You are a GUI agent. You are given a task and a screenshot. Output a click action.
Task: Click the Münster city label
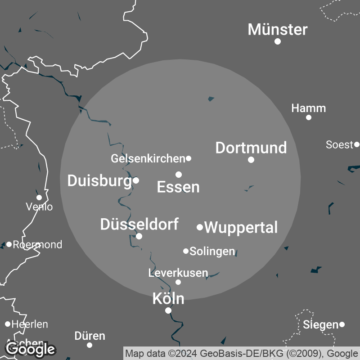pos(278,30)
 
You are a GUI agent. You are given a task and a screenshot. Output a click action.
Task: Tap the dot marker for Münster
pos(278,41)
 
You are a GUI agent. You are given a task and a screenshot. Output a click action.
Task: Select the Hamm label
pos(308,108)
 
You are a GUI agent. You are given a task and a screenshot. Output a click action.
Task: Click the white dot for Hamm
pos(309,117)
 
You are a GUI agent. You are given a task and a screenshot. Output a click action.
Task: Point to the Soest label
pos(339,145)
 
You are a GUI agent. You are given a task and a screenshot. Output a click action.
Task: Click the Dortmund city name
pos(251,148)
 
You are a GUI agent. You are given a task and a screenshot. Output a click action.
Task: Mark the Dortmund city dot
pos(251,160)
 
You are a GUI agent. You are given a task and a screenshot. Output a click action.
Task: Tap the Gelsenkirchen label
pos(148,158)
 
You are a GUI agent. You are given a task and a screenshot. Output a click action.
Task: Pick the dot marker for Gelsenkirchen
pos(189,158)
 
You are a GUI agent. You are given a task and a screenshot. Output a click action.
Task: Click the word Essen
pos(178,187)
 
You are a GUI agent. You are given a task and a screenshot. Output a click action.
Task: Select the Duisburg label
pos(99,181)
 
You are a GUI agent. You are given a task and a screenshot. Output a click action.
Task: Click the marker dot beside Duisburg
pos(136,180)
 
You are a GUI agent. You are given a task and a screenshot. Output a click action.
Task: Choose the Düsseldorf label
pos(139,224)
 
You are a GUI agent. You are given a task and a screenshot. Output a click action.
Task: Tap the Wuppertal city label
pos(241,227)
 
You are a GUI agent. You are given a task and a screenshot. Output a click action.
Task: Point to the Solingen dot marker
pos(186,251)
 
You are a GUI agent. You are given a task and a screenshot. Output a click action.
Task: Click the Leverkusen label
pos(178,273)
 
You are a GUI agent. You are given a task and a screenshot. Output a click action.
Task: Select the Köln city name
pos(168,298)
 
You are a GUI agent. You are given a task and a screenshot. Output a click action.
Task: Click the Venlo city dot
pos(39,198)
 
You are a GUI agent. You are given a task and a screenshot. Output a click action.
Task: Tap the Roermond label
pos(37,245)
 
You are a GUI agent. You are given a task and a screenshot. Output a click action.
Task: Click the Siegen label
pos(320,324)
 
